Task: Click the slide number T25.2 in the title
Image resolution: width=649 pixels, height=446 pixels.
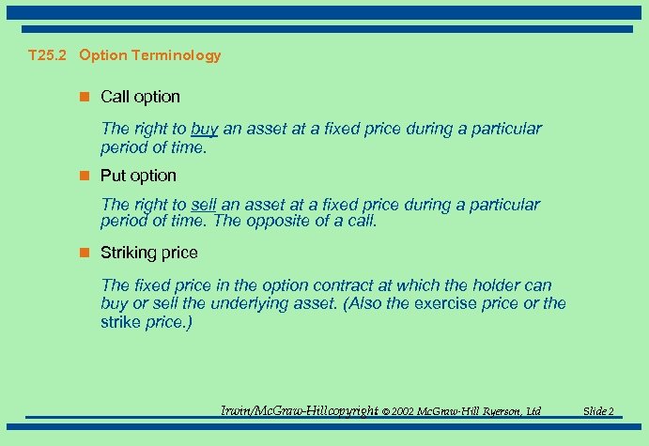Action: (49, 55)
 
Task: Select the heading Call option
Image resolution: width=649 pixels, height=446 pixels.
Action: (140, 97)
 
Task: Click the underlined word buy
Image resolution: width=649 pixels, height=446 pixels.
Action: (205, 130)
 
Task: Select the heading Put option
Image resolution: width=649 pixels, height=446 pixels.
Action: (138, 176)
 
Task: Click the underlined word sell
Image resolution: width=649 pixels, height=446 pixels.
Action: (204, 205)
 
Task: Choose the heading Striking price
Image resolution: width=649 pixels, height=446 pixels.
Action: (149, 253)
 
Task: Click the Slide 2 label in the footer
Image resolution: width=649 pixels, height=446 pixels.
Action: (598, 411)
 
